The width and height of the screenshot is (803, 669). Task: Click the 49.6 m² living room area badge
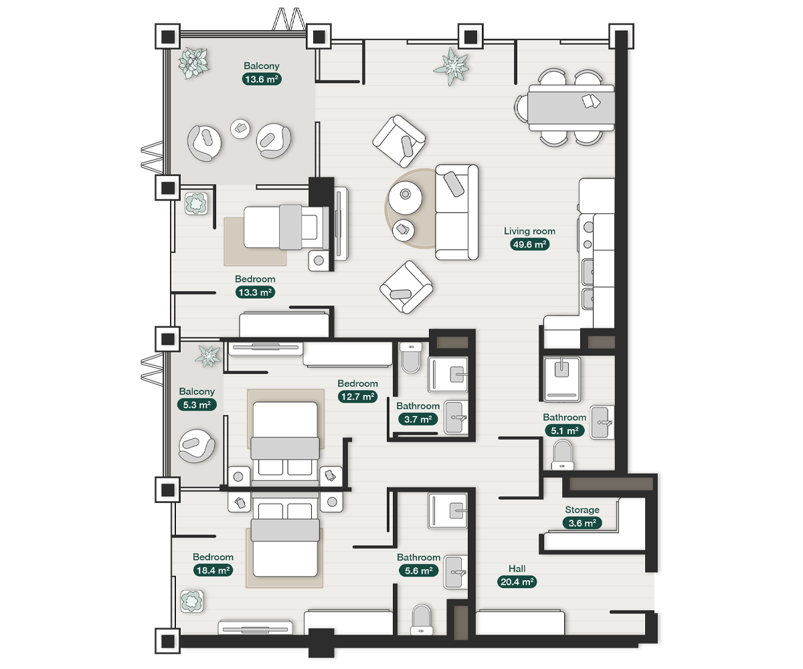point(529,244)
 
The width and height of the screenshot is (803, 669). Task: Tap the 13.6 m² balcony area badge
point(262,79)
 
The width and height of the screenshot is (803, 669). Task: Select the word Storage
point(582,510)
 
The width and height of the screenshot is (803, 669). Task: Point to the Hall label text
point(517,568)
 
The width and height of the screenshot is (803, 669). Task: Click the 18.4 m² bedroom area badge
point(213,570)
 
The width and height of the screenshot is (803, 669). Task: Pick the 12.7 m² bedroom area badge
point(357,397)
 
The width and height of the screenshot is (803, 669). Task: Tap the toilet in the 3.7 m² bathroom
point(411,357)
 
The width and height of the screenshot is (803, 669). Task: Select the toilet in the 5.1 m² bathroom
point(562,455)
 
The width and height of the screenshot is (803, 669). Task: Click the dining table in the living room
point(571,108)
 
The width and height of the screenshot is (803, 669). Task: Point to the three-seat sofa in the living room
point(457,212)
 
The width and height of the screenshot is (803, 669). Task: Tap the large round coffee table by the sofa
point(405,197)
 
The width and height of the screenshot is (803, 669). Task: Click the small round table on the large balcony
point(240,129)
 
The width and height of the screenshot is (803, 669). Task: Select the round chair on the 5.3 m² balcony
point(197,446)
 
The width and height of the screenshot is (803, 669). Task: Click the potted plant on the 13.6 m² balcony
point(194,63)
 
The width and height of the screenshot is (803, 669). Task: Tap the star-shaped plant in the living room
point(452,66)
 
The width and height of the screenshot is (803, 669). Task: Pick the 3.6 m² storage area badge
point(582,523)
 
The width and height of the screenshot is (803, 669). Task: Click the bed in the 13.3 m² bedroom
point(286,227)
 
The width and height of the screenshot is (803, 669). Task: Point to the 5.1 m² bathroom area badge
point(565,431)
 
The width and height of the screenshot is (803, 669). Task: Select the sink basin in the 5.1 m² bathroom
point(602,422)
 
